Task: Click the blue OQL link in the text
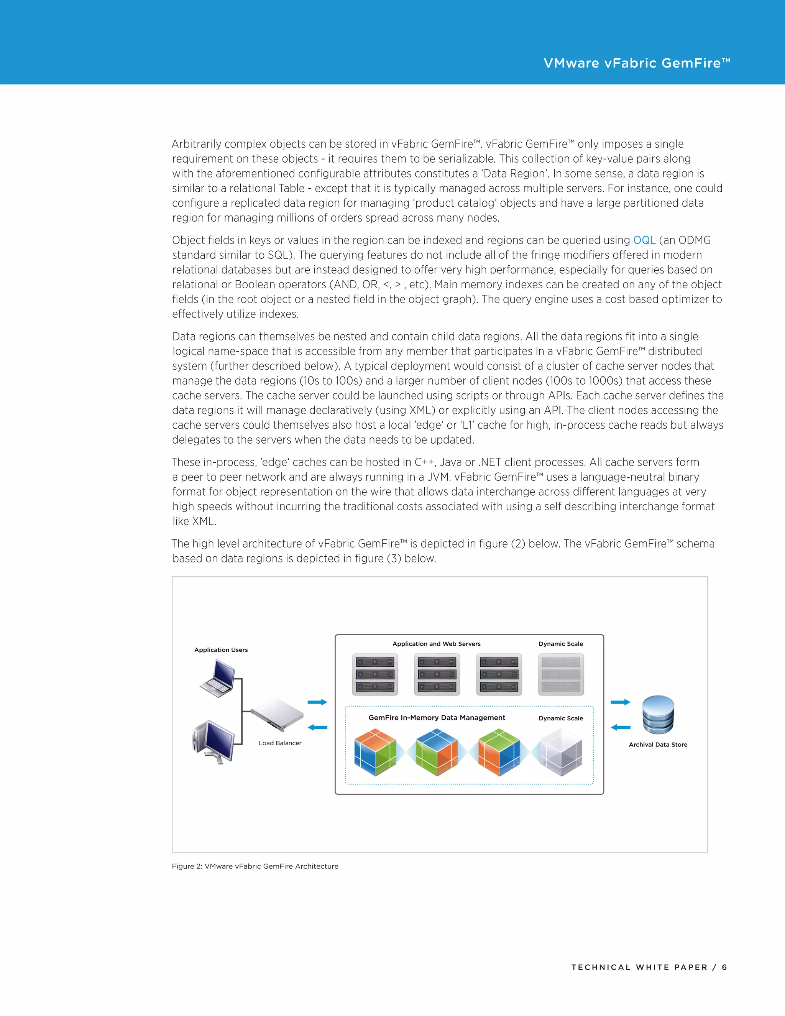644,240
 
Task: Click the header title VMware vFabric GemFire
636,63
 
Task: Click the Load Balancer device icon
277,714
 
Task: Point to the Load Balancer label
280,743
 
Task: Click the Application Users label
221,650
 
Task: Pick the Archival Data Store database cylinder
658,715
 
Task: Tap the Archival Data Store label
658,744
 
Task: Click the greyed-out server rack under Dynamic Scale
561,674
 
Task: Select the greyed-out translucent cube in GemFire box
560,752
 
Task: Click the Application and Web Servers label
436,644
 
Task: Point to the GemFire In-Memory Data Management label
437,718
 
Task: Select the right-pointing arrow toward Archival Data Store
621,702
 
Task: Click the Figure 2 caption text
255,866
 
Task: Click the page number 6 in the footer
724,967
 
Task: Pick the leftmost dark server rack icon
375,674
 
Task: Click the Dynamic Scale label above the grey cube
560,718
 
